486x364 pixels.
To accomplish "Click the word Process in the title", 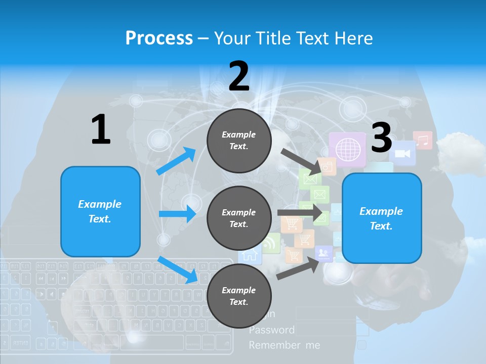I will [x=159, y=38].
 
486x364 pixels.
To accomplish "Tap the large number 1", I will [x=101, y=129].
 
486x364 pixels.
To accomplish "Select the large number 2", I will [x=239, y=76].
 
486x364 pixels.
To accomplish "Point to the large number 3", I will [x=381, y=138].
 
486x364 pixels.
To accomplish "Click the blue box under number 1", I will [x=100, y=211].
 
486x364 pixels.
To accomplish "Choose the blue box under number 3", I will [x=382, y=218].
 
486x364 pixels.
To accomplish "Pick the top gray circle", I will [x=239, y=141].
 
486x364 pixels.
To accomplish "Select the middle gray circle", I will [x=239, y=218].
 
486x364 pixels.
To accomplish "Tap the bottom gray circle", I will [x=239, y=296].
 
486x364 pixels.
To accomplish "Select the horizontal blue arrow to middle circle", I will [x=178, y=214].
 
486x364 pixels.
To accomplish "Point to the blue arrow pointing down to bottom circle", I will [x=178, y=269].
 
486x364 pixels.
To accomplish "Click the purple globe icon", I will [x=347, y=149].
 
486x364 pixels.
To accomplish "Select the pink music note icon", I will [x=422, y=140].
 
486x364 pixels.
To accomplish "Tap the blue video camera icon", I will [x=402, y=153].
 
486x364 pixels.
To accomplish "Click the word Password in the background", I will [x=271, y=330].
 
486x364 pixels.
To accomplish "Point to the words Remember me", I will [x=284, y=345].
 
